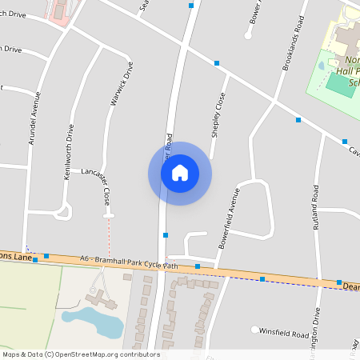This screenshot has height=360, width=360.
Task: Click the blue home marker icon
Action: pos(180,173)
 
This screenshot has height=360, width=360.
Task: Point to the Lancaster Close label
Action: pos(106,189)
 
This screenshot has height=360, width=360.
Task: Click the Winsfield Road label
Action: pos(284,334)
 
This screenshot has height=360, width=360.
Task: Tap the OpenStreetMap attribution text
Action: pos(80,354)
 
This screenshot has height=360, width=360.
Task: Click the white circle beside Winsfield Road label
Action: pos(255,330)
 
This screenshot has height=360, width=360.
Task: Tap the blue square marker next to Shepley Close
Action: pos(217,62)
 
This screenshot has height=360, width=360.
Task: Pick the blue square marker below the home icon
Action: pos(166,235)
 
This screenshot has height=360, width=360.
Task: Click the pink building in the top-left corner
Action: pos(58,10)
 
